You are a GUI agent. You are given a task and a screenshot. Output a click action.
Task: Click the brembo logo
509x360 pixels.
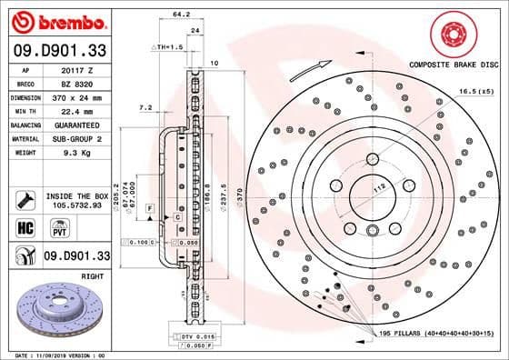coord(56,20)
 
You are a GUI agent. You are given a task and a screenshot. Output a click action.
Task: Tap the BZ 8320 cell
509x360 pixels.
coord(83,82)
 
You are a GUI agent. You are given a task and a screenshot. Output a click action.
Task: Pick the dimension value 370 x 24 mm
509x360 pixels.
coord(83,95)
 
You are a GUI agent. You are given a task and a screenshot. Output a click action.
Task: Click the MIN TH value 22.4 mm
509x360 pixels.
coord(83,109)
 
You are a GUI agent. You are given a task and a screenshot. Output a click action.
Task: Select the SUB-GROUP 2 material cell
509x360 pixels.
coord(83,137)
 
